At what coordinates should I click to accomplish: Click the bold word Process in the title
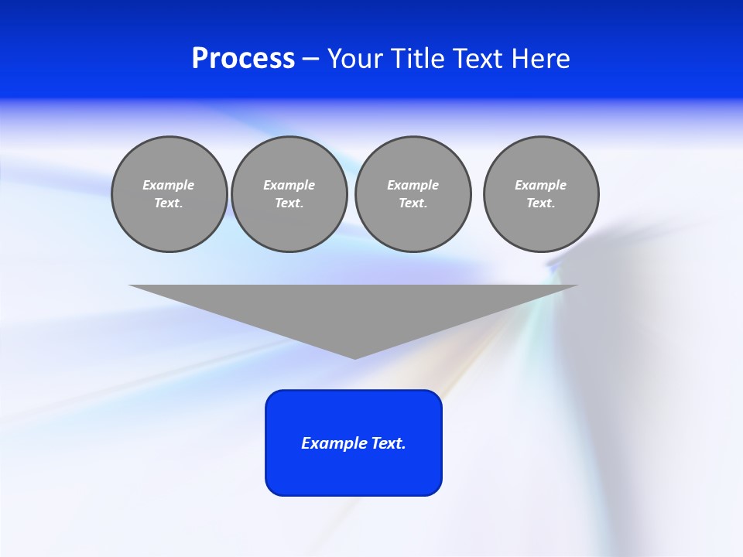[243, 59]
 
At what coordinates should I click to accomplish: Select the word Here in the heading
[541, 59]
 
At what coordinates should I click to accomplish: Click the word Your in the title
[357, 59]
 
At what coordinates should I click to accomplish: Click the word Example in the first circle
[169, 185]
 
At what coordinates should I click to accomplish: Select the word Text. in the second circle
[289, 203]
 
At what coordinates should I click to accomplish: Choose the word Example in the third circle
[413, 185]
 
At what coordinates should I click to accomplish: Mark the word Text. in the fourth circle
[541, 203]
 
